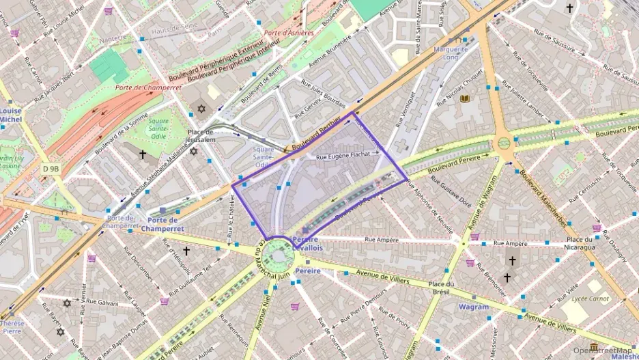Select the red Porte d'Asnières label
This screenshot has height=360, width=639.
click(x=289, y=32)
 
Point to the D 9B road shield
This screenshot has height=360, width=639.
click(x=51, y=168)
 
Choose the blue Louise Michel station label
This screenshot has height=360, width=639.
click(x=11, y=115)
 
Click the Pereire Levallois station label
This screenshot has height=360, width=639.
click(x=307, y=244)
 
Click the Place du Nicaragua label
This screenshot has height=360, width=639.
click(x=578, y=243)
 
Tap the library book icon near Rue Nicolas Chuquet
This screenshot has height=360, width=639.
click(x=465, y=99)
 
